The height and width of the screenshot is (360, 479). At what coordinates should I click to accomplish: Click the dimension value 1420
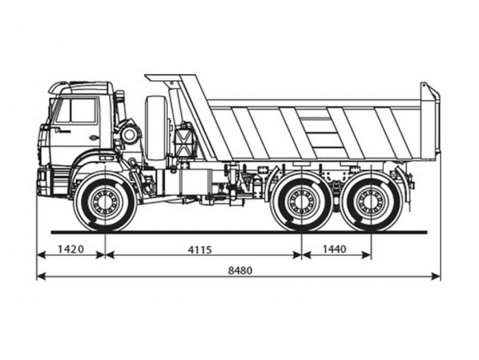[70, 249]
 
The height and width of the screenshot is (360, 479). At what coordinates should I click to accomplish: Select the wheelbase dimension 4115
[200, 250]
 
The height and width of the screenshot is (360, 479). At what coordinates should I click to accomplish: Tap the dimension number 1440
[334, 249]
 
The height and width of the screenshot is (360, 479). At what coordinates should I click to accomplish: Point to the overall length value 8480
[240, 271]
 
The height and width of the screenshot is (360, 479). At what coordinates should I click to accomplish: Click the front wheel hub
[105, 201]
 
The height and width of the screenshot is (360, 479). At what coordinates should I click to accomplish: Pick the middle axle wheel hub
[301, 201]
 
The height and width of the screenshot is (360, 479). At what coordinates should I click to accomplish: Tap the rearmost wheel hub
[371, 201]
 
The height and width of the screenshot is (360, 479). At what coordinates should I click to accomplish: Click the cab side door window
[76, 111]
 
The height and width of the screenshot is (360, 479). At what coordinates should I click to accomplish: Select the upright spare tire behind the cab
[157, 128]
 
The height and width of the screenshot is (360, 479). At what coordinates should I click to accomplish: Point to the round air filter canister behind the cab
[130, 135]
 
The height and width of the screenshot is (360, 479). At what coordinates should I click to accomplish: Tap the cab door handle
[94, 137]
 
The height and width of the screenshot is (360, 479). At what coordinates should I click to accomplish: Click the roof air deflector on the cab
[80, 87]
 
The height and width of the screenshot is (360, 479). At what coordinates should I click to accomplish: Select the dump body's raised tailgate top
[429, 91]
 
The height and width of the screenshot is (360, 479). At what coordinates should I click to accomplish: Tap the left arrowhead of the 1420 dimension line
[41, 255]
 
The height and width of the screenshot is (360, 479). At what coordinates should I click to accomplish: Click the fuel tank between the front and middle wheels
[187, 182]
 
